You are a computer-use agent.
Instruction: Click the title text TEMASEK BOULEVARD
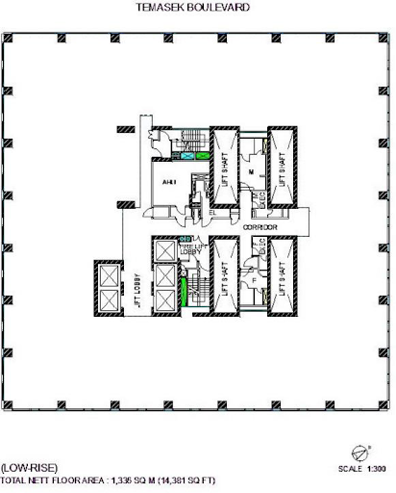198,6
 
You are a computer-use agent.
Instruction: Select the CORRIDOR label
260,227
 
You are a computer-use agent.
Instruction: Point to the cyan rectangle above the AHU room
203,154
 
